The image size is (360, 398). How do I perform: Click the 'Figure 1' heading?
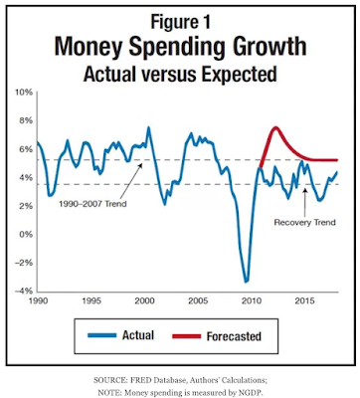point(180,22)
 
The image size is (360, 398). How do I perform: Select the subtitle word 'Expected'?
point(239,74)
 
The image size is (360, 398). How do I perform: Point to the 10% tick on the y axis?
point(23,93)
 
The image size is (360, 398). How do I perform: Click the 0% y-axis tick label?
point(26,235)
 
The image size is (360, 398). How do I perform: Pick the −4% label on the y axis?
point(23,292)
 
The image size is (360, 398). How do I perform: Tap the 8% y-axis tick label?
point(26,120)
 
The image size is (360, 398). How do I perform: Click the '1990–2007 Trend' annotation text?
point(92,204)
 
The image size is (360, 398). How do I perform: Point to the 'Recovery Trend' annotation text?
point(304,222)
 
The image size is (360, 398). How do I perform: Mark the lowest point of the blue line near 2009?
point(246,282)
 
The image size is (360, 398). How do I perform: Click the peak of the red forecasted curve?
point(275,127)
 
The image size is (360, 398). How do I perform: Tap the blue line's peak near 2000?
point(148,127)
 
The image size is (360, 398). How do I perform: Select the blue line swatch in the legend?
point(102,335)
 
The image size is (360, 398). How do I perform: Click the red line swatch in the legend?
point(187,336)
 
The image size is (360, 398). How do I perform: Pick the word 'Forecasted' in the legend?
point(234,336)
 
